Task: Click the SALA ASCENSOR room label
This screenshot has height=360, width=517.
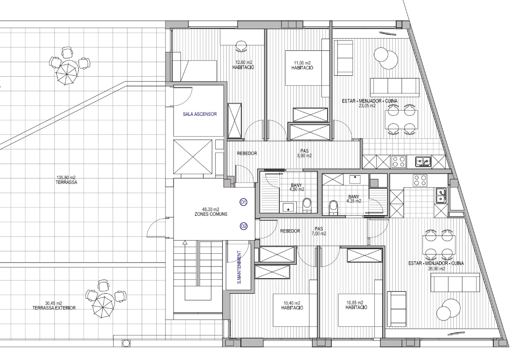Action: tap(200, 114)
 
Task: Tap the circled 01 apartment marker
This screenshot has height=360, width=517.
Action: tap(244, 202)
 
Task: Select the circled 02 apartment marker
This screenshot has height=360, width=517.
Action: tap(244, 226)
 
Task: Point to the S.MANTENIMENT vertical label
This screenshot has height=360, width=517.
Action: tap(239, 267)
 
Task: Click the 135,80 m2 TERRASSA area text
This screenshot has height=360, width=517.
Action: tap(67, 180)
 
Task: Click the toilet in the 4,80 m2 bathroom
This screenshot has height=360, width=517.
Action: tap(307, 205)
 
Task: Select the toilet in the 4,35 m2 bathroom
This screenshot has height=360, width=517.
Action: tap(333, 207)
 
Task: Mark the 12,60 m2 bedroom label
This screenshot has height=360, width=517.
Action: tap(244, 65)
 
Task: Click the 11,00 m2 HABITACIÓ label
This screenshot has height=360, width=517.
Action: tap(303, 65)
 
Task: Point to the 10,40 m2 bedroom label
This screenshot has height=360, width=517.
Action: tap(292, 306)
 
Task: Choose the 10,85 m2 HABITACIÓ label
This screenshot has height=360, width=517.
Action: tap(356, 305)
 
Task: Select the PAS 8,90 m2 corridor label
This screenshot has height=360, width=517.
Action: tap(304, 153)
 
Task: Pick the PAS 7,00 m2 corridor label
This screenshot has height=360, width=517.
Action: tap(318, 231)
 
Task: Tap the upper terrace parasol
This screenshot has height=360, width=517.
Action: tap(67, 73)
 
